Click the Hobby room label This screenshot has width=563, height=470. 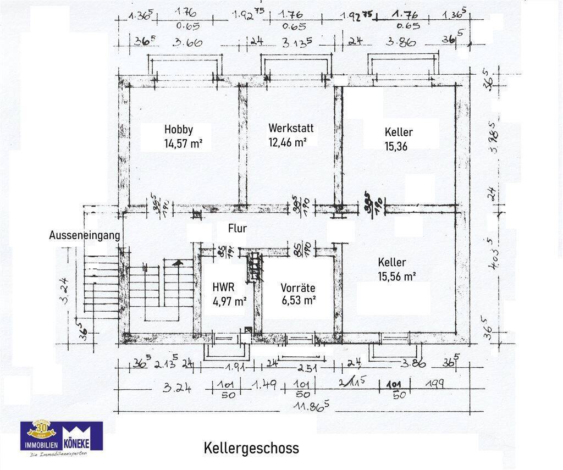pyautogui.click(x=179, y=130)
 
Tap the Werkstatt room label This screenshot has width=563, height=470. pyautogui.click(x=291, y=128)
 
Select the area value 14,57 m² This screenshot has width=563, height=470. pyautogui.click(x=180, y=144)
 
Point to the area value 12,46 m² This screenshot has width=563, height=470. pyautogui.click(x=288, y=142)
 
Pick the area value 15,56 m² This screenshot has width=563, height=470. pyautogui.click(x=396, y=277)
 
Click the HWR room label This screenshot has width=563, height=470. pyautogui.click(x=224, y=287)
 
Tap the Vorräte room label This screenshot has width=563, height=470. pyautogui.click(x=297, y=287)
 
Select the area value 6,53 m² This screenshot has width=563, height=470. pyautogui.click(x=298, y=301)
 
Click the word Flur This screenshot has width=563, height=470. pyautogui.click(x=238, y=228)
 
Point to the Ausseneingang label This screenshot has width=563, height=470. pyautogui.click(x=84, y=235)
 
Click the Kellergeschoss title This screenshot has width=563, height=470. pyautogui.click(x=251, y=447)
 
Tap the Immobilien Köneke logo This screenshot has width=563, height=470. pyautogui.click(x=61, y=438)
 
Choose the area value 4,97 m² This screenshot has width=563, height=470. pyautogui.click(x=229, y=301)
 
